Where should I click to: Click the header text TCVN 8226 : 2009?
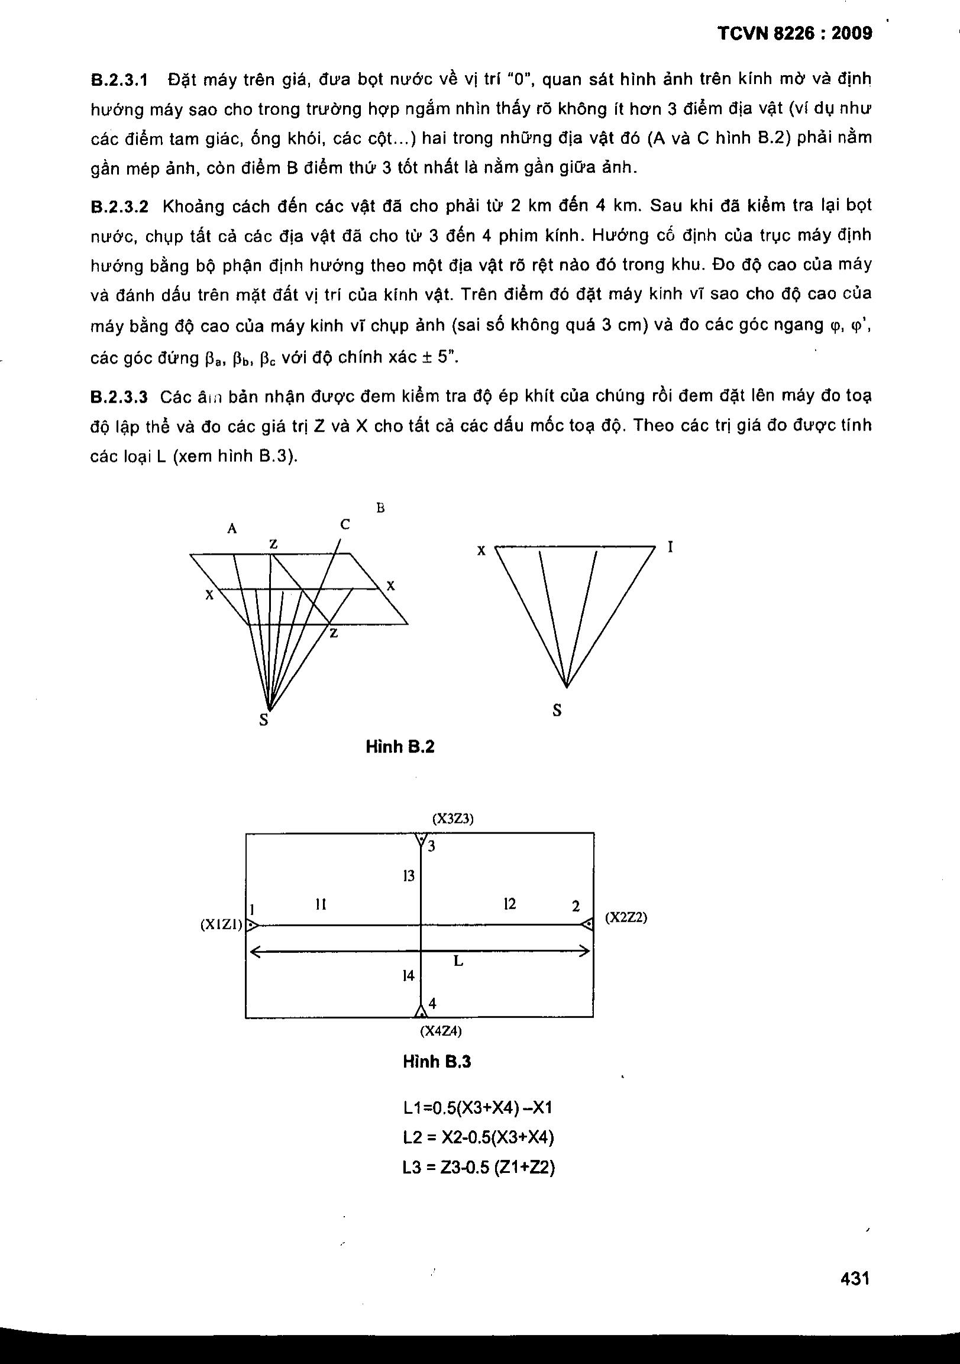(x=795, y=34)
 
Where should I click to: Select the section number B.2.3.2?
(x=119, y=207)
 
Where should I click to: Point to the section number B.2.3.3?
(x=119, y=396)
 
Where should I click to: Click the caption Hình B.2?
(x=400, y=746)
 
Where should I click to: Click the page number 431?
(x=855, y=1278)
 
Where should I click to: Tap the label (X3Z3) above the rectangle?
(x=452, y=819)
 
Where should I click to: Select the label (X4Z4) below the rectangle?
(x=441, y=1032)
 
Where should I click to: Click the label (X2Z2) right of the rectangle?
(x=626, y=918)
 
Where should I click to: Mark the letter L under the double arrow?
(x=458, y=961)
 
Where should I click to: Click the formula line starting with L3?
(x=478, y=1169)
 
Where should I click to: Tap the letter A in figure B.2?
(x=232, y=528)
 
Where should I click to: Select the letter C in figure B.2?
(x=345, y=525)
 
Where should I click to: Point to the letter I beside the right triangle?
(x=670, y=547)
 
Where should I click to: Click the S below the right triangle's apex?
(x=557, y=710)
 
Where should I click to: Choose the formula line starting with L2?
(x=477, y=1137)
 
